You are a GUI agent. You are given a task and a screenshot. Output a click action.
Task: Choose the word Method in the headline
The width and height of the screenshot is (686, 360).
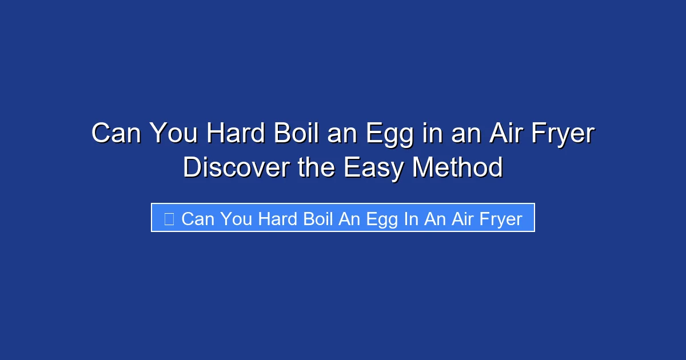point(457,167)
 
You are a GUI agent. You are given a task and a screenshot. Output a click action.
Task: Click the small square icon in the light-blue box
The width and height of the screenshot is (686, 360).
point(169,218)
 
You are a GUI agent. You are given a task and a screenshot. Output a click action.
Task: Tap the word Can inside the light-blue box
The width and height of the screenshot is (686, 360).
point(198,219)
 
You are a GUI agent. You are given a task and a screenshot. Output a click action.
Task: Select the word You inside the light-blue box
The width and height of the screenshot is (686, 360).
point(236,219)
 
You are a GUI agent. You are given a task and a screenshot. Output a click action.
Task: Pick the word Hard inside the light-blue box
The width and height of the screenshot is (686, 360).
point(278,219)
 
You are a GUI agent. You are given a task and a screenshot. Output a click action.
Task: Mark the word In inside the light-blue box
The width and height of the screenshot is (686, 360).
point(411,219)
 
